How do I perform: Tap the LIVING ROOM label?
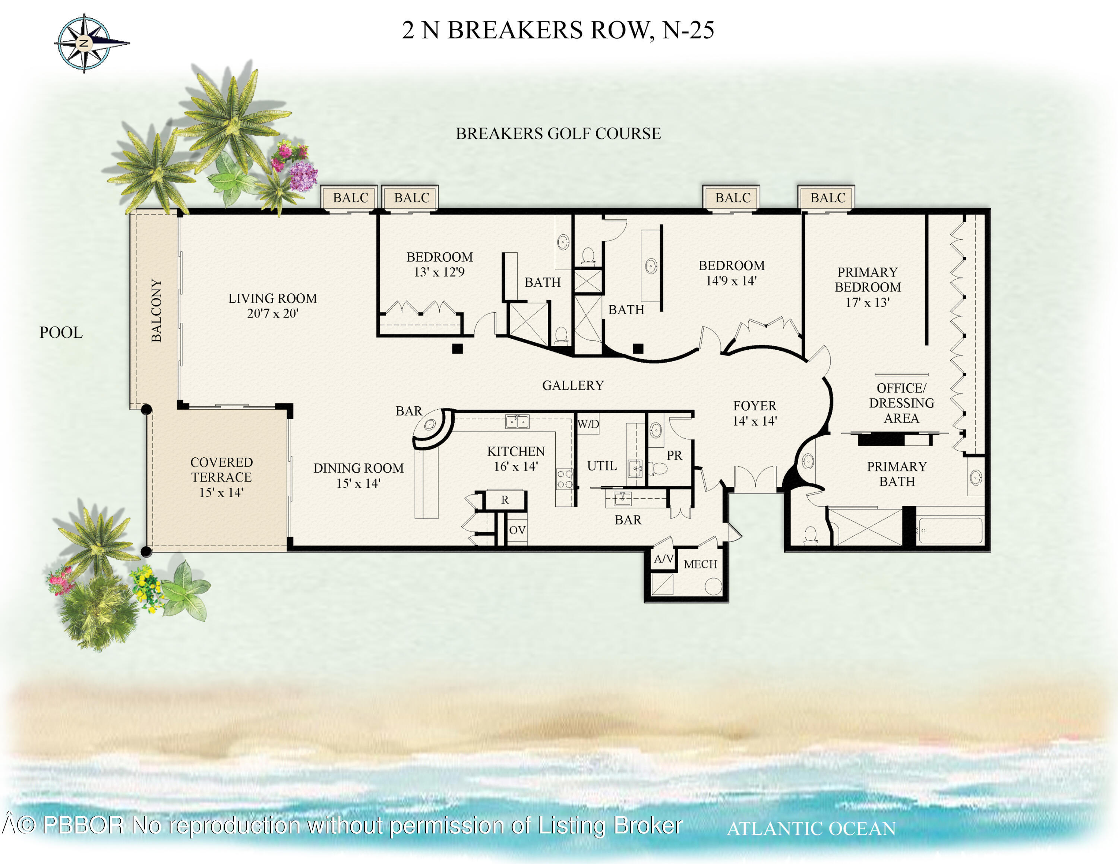(x=272, y=299)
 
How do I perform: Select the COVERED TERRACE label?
(x=221, y=469)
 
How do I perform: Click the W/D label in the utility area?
(x=588, y=424)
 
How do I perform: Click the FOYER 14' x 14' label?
(x=755, y=413)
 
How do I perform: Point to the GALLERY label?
(x=573, y=385)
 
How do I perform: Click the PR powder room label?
(x=674, y=455)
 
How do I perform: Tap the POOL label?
(x=61, y=333)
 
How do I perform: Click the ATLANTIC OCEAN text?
(x=811, y=829)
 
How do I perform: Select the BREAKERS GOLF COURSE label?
(x=558, y=133)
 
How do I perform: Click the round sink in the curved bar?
(x=429, y=424)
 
